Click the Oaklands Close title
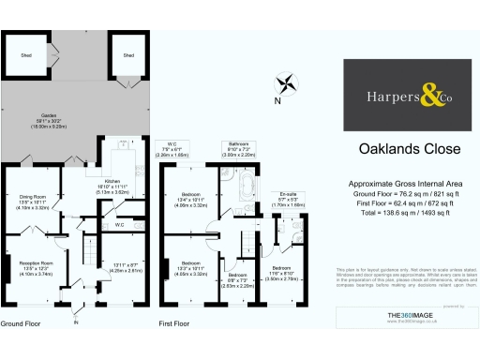click(395, 148)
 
